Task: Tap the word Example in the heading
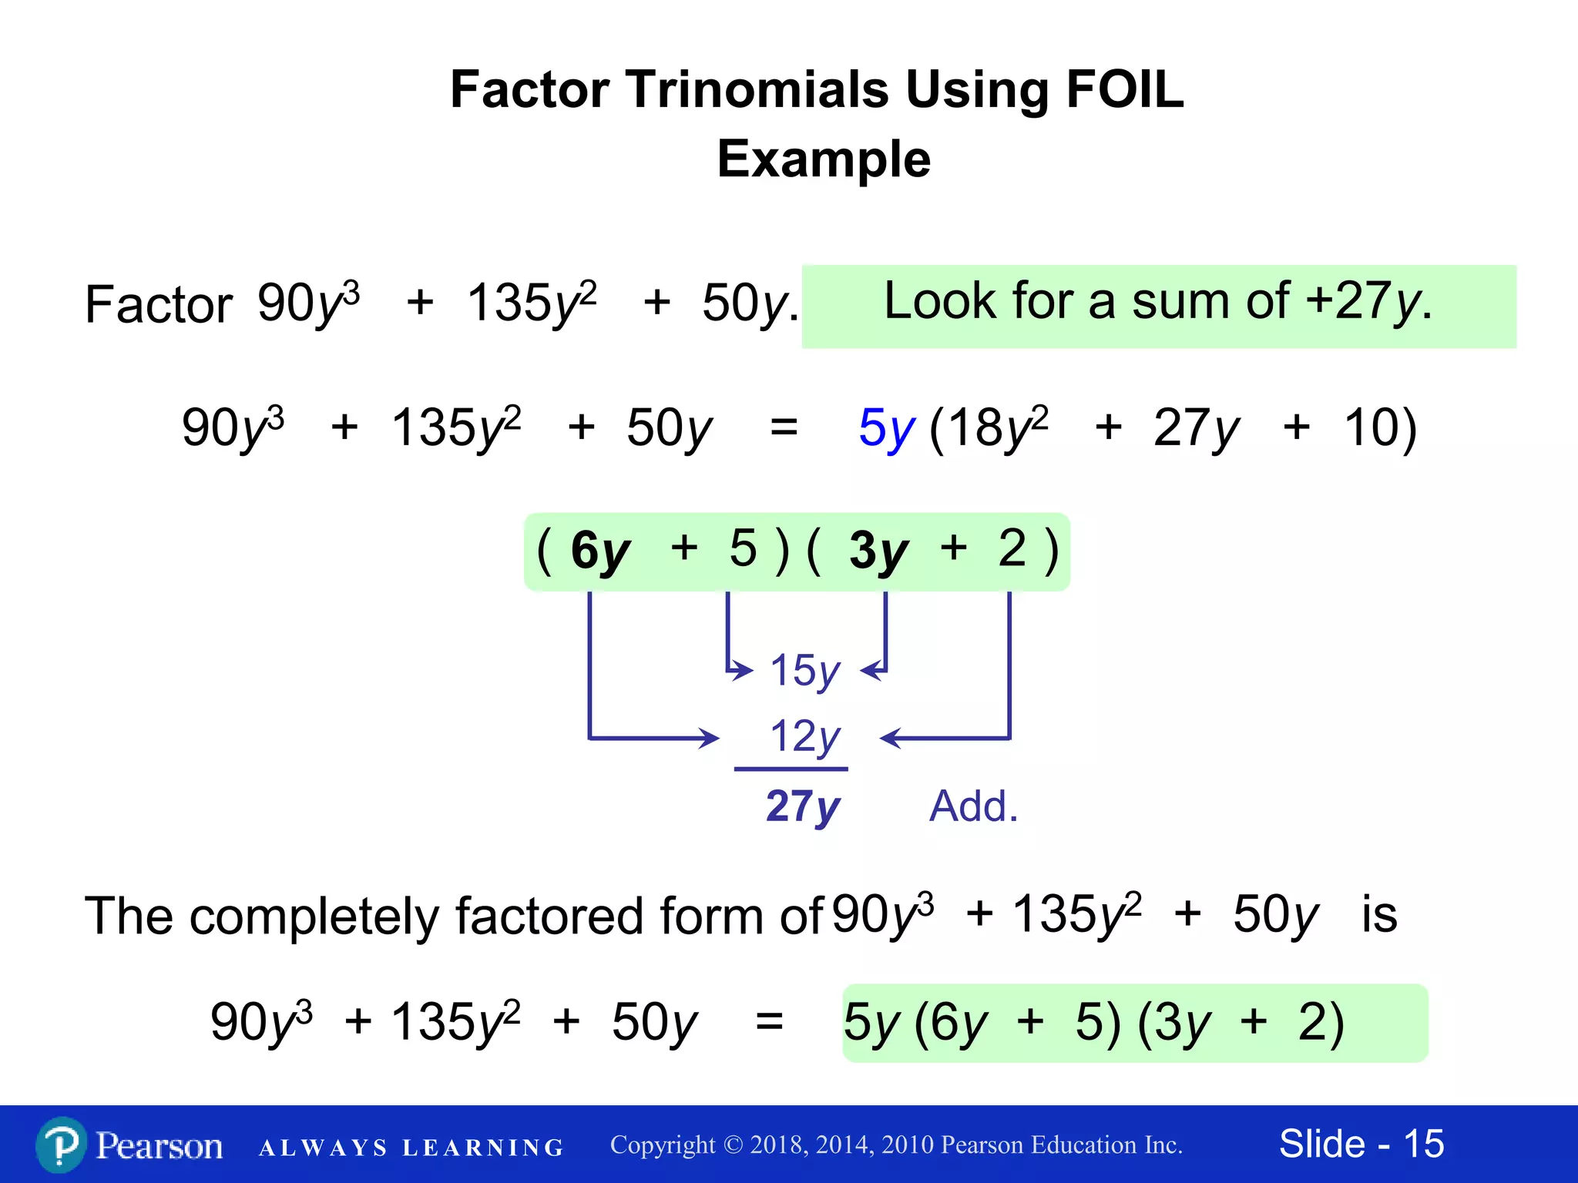(x=824, y=159)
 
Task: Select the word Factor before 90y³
(x=158, y=304)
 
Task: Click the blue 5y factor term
(x=887, y=428)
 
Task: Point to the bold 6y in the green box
(x=599, y=551)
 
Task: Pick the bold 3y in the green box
(x=878, y=551)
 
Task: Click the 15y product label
(x=804, y=671)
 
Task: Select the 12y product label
(x=804, y=737)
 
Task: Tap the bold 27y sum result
(x=803, y=806)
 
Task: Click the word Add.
(x=973, y=806)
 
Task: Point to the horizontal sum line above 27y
(x=791, y=769)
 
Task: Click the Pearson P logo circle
(x=60, y=1145)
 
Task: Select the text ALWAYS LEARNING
(x=411, y=1148)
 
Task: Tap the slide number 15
(x=1423, y=1144)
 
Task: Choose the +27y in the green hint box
(x=1362, y=301)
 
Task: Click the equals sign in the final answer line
(x=769, y=1023)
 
